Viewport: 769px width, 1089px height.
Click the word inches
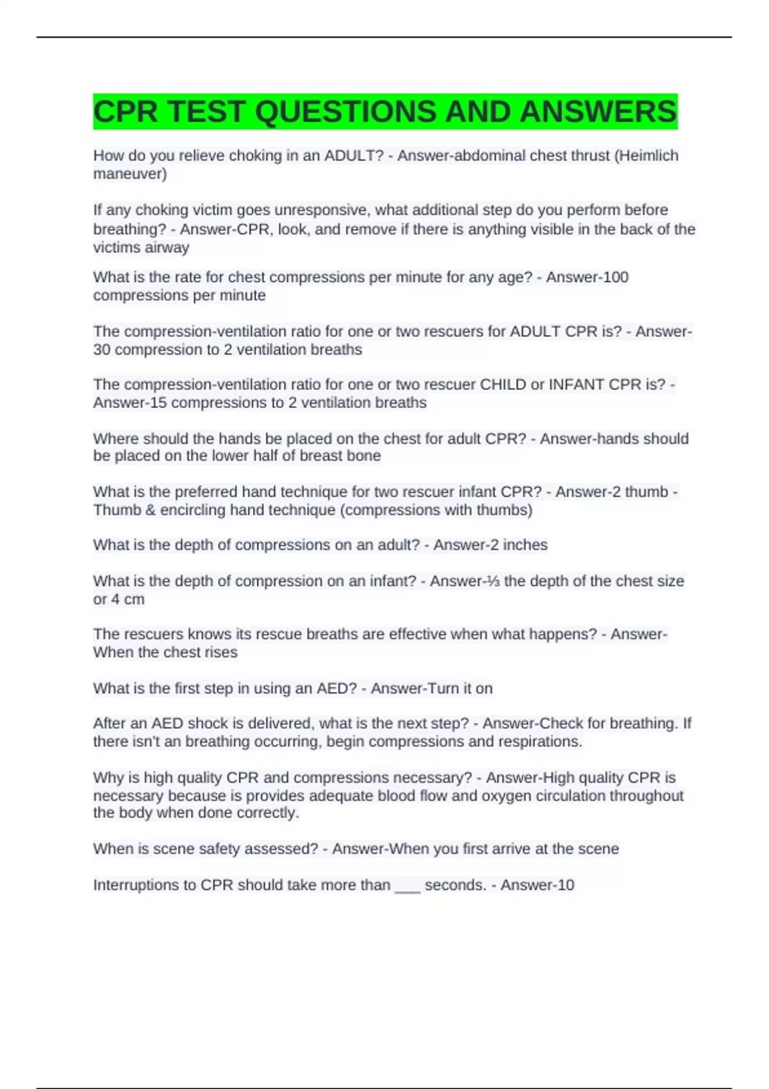(x=525, y=545)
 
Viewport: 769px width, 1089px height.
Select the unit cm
(x=134, y=600)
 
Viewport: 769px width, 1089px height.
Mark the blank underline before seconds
(x=408, y=887)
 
